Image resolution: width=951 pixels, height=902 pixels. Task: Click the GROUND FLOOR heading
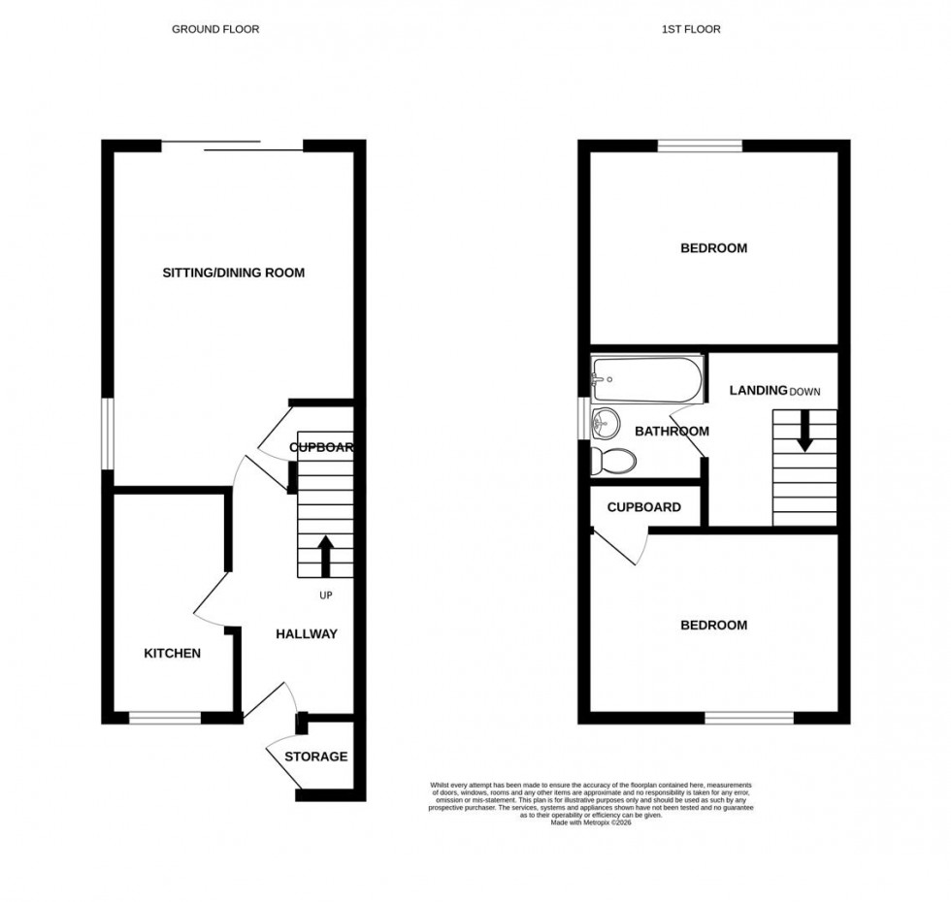(215, 29)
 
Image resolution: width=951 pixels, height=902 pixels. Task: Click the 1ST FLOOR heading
(691, 29)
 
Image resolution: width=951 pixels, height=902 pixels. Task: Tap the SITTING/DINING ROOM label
(233, 273)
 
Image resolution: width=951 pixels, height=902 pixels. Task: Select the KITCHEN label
(173, 654)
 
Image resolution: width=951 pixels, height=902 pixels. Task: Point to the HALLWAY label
(307, 634)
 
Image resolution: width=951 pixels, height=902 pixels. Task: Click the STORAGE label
(315, 757)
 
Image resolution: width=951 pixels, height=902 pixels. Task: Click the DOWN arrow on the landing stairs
(804, 433)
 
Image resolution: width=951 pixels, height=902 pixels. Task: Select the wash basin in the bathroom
(606, 422)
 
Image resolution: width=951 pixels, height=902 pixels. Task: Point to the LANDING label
(758, 391)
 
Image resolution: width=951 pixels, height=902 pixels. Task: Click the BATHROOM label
(672, 432)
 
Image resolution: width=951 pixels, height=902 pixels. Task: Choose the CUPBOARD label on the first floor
(643, 507)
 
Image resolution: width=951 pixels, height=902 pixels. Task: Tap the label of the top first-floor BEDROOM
(713, 248)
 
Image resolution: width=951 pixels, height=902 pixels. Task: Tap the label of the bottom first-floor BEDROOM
(713, 626)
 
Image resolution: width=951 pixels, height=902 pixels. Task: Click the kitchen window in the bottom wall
(165, 719)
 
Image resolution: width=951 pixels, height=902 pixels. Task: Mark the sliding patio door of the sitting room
(233, 146)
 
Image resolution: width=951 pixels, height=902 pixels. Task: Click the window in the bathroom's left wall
(584, 419)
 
